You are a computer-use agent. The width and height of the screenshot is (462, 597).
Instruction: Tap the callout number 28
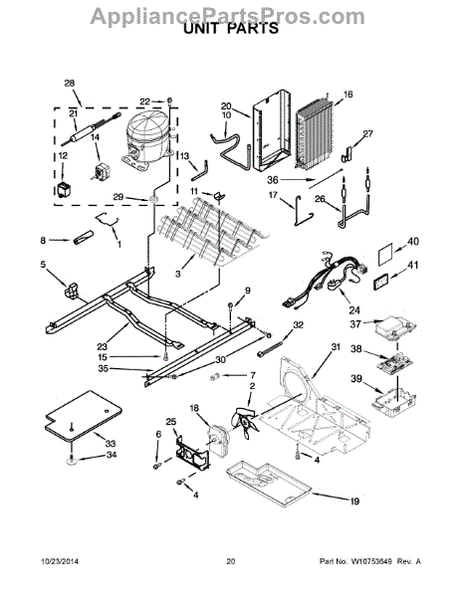click(70, 83)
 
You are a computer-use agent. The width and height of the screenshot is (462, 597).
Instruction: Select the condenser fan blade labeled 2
click(244, 420)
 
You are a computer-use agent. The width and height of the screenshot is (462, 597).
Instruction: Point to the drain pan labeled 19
click(269, 483)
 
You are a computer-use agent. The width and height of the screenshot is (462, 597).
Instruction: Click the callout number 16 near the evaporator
click(348, 95)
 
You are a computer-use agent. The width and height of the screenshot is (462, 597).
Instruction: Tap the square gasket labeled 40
click(386, 258)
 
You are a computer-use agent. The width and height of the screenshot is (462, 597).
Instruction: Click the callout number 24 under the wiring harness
click(354, 310)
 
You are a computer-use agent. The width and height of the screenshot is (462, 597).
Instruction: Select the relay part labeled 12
click(64, 189)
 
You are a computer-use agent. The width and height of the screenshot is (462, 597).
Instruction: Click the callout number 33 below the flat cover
click(111, 444)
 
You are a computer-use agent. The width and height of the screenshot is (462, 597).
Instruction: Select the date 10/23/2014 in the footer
click(60, 561)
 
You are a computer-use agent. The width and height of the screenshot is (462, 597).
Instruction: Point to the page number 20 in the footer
click(231, 561)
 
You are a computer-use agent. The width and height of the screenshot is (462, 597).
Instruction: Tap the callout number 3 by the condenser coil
click(178, 274)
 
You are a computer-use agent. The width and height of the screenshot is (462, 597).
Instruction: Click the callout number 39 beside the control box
click(356, 379)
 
